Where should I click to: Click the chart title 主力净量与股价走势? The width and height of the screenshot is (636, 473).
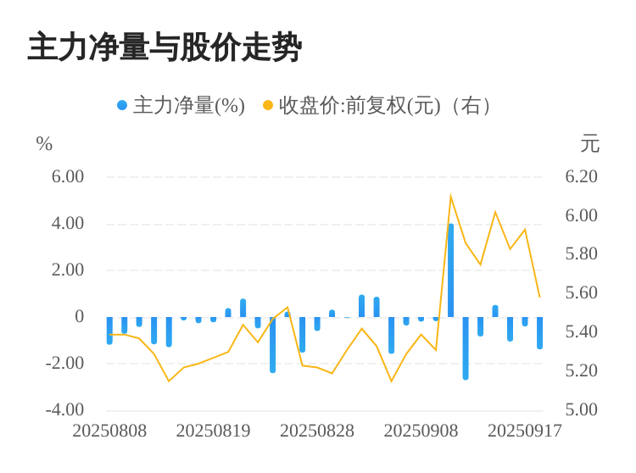click(x=165, y=47)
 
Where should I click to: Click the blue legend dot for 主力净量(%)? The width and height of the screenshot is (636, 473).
click(x=122, y=105)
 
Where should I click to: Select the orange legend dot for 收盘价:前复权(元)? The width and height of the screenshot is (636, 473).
click(x=268, y=105)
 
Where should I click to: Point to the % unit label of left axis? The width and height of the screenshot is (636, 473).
click(x=44, y=144)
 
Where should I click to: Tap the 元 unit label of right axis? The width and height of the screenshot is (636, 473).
click(x=589, y=144)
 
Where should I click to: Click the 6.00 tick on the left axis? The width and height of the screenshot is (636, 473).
click(x=68, y=176)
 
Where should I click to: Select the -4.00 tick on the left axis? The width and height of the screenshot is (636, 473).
click(x=65, y=409)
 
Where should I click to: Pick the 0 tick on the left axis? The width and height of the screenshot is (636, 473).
click(x=79, y=316)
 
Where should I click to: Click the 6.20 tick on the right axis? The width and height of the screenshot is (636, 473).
click(x=582, y=176)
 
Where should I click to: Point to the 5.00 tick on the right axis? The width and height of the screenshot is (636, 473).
click(x=582, y=409)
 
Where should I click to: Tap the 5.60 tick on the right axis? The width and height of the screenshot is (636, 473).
click(x=582, y=292)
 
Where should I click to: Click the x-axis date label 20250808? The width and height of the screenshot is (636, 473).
click(x=109, y=431)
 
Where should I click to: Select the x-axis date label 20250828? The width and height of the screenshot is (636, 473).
click(x=317, y=431)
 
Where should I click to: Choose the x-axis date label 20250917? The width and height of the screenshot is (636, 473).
click(x=525, y=431)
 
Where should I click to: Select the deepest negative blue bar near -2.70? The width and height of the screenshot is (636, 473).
click(x=466, y=348)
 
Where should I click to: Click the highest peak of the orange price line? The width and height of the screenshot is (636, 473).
click(x=450, y=197)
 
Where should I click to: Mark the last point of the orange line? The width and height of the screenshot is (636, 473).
click(x=539, y=297)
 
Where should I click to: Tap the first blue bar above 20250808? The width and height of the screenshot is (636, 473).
click(x=109, y=330)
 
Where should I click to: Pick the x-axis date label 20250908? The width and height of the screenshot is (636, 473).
click(x=421, y=431)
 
